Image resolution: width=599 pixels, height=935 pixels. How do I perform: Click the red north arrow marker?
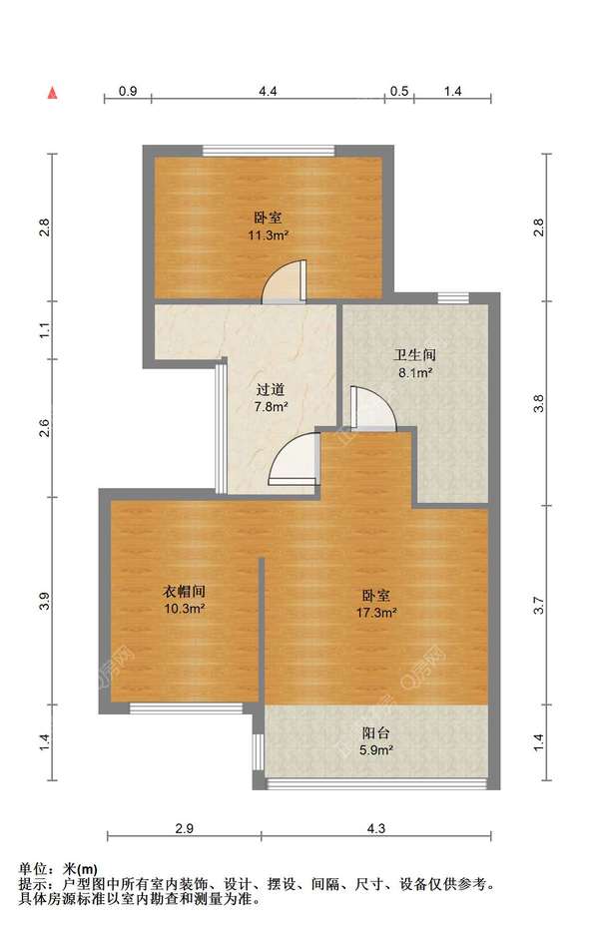coord(53,93)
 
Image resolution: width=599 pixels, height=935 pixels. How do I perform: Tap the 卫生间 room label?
coord(414,356)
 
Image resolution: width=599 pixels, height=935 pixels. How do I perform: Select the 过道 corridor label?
coord(271,390)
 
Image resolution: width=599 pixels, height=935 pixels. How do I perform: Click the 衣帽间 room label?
coord(185,592)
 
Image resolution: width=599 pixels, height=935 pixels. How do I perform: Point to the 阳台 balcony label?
coord(375,733)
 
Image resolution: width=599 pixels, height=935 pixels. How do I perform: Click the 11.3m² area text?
coord(269,234)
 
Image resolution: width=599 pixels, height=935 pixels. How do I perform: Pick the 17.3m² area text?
coord(377,613)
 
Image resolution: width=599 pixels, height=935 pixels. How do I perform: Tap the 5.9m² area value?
coord(375,750)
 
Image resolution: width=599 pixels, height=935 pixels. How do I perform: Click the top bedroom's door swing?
coord(286,281)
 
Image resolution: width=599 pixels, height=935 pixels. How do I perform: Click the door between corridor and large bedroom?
coord(295,458)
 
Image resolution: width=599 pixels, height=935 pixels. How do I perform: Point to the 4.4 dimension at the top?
coord(268,91)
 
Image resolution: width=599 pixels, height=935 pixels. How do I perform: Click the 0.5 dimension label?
coord(399,91)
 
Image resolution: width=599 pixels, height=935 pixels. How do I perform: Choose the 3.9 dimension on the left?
coord(45,601)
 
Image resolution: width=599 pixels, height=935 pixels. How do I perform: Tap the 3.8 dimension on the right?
coord(539,404)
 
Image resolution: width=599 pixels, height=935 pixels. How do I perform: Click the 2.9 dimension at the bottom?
coord(185,828)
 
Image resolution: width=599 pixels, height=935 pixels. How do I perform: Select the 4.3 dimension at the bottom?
coord(376,828)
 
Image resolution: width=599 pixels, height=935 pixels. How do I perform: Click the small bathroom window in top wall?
coord(453,298)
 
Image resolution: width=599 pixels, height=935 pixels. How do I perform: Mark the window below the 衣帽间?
coord(186,708)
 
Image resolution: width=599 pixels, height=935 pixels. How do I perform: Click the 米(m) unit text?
coord(81,869)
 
